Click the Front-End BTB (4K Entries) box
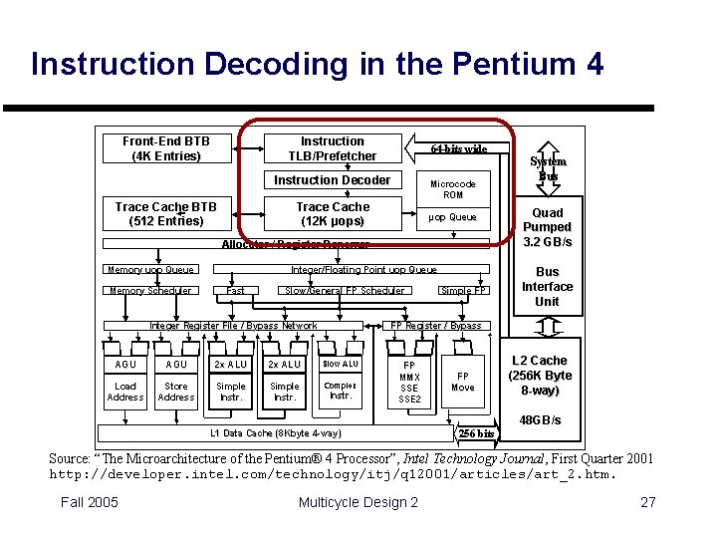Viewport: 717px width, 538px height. pyautogui.click(x=166, y=148)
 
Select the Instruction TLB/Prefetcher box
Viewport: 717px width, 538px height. pyautogui.click(x=332, y=148)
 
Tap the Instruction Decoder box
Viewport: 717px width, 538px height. pyautogui.click(x=332, y=180)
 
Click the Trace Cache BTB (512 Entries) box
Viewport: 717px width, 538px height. pyautogui.click(x=165, y=214)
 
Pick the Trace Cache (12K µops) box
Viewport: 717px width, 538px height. pyautogui.click(x=332, y=214)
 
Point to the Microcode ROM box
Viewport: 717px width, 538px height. pyautogui.click(x=453, y=189)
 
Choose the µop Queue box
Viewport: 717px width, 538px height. pyautogui.click(x=453, y=217)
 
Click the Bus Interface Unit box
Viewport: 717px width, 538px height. pyautogui.click(x=547, y=286)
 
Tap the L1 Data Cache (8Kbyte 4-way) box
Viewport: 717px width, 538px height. pyautogui.click(x=276, y=433)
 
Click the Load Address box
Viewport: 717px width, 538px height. pyautogui.click(x=125, y=392)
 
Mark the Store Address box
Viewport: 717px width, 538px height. pyautogui.click(x=176, y=392)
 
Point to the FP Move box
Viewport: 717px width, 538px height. pyautogui.click(x=463, y=382)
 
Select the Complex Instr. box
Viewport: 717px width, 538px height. pyautogui.click(x=340, y=391)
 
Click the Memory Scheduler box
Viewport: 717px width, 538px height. pyautogui.click(x=149, y=291)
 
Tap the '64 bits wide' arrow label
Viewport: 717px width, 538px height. pyautogui.click(x=458, y=148)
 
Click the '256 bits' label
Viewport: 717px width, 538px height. pyautogui.click(x=476, y=433)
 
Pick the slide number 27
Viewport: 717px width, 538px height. pyautogui.click(x=648, y=502)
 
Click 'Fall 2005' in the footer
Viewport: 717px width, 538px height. pyautogui.click(x=89, y=502)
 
